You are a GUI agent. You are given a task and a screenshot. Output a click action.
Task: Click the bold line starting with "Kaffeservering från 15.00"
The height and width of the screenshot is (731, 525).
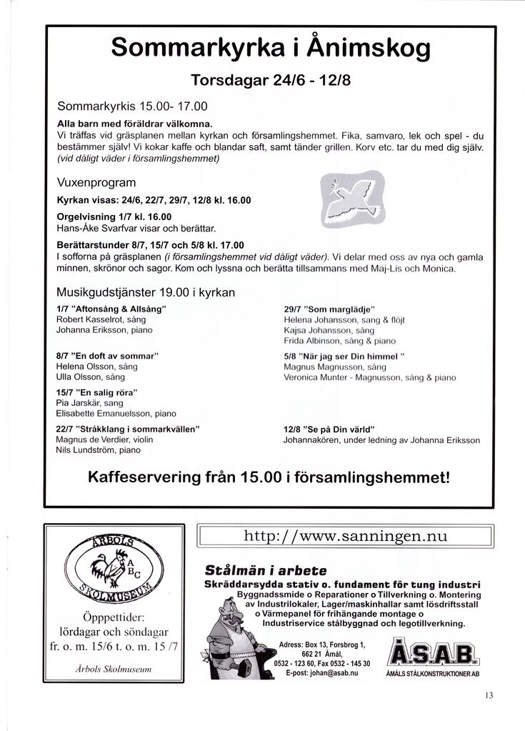[x=269, y=477]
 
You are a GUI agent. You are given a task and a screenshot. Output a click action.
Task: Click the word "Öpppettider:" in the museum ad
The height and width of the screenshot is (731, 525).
[x=114, y=617]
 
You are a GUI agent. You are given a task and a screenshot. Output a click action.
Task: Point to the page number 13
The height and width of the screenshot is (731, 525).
[x=489, y=694]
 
